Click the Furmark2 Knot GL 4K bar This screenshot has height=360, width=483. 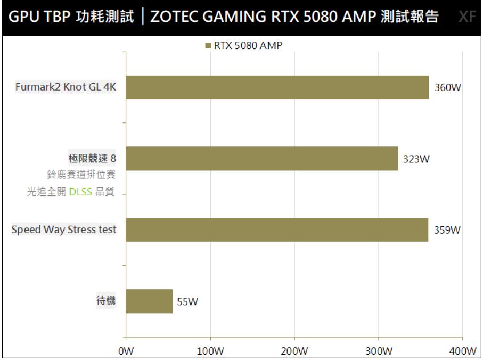(x=277, y=87)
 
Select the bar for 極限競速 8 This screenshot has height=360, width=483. (x=261, y=159)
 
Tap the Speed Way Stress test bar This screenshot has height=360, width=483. (x=276, y=230)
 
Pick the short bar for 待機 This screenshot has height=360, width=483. (x=149, y=301)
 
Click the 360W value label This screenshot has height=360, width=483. (x=447, y=88)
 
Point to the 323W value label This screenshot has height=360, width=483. (x=416, y=159)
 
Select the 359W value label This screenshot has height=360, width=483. (x=447, y=231)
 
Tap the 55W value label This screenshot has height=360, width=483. (x=187, y=302)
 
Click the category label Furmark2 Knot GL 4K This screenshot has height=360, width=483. (x=66, y=88)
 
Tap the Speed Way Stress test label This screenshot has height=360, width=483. (x=64, y=230)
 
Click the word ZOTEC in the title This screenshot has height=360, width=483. (x=172, y=18)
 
